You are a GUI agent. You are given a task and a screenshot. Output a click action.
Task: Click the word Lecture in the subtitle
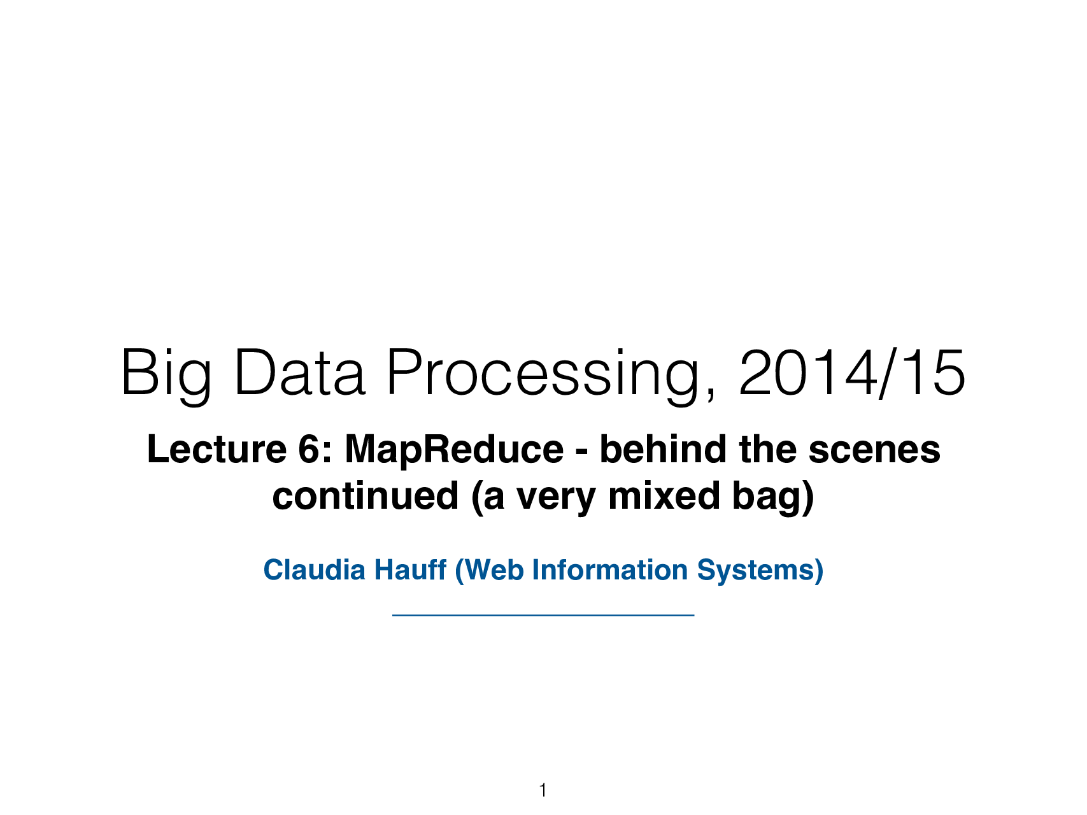click(x=217, y=450)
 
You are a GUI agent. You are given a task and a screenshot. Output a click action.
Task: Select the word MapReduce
click(x=453, y=451)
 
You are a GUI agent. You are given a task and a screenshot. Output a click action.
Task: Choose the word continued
click(x=365, y=496)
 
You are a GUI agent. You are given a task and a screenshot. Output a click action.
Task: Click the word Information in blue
click(x=610, y=570)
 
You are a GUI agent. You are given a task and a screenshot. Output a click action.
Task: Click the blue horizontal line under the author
click(x=543, y=615)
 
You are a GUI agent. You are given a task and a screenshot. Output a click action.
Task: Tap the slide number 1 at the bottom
click(x=543, y=791)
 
